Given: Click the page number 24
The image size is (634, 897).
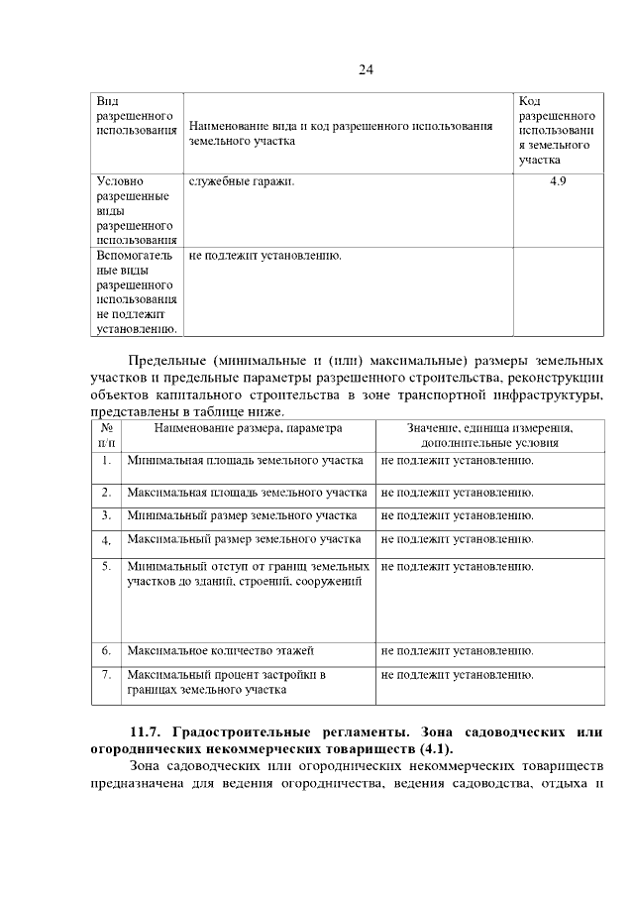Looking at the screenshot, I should [365, 68].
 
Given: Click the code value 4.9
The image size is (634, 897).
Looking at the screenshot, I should [558, 182].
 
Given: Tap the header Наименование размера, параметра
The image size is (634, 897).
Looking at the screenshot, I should [248, 428].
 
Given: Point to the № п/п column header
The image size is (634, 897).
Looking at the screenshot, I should [106, 436].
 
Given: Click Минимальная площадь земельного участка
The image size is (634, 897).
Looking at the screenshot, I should [245, 461].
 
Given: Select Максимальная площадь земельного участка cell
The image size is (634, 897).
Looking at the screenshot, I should [247, 493].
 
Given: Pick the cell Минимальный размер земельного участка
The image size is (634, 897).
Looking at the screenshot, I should [242, 515].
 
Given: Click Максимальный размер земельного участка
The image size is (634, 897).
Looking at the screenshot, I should [244, 539].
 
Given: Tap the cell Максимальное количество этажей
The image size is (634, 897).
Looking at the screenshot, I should [220, 651].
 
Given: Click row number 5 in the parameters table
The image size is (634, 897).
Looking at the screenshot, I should [106, 566].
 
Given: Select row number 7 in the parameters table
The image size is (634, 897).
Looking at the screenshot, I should [106, 675].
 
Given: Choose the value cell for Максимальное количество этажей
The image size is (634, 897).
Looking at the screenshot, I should [457, 651].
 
